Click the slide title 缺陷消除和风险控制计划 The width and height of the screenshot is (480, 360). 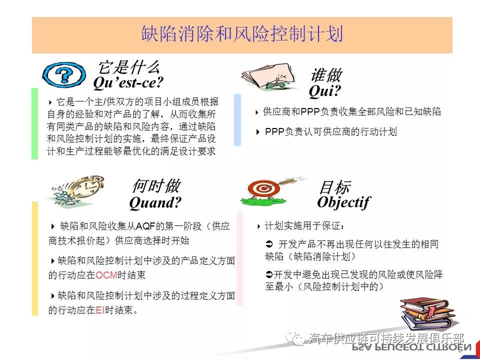(x=242, y=34)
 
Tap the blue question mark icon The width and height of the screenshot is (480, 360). (x=63, y=74)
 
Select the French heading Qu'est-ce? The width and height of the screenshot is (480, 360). (x=128, y=82)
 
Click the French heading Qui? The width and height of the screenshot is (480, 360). (x=325, y=90)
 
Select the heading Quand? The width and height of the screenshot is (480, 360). (x=155, y=202)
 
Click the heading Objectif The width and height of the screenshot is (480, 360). (x=344, y=202)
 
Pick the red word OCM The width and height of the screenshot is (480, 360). (x=106, y=275)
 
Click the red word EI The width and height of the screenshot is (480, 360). (x=100, y=310)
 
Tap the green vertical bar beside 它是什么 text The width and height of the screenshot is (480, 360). (x=34, y=123)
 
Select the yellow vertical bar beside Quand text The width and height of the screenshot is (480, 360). (x=35, y=258)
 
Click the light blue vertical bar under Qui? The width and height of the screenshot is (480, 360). (x=237, y=119)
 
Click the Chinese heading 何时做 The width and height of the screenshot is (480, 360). (x=156, y=186)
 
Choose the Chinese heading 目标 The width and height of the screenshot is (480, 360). (x=334, y=187)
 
